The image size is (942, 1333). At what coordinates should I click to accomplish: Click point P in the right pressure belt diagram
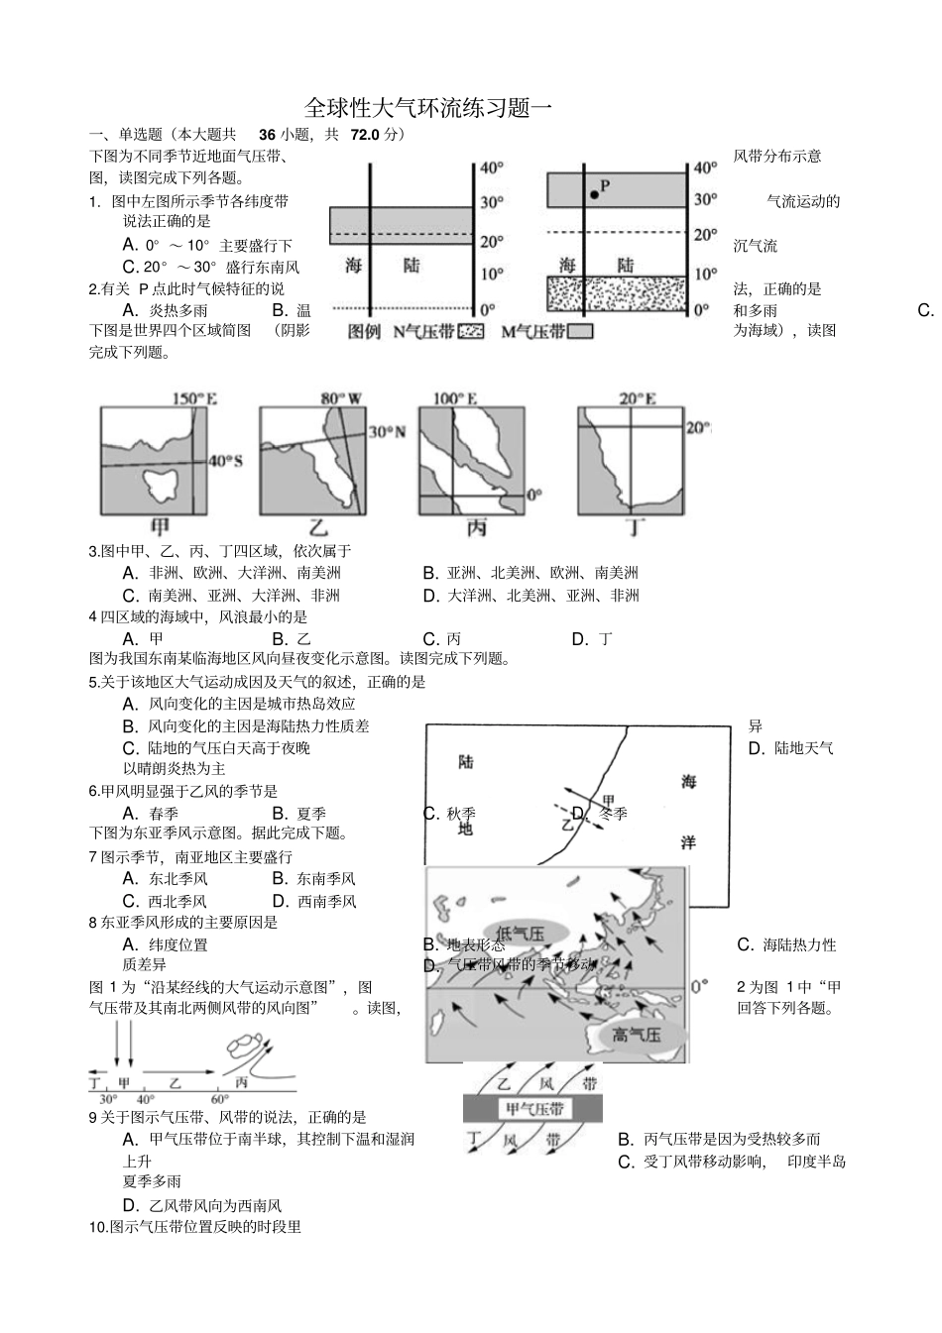[594, 194]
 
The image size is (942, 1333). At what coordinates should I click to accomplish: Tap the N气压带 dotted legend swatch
[470, 332]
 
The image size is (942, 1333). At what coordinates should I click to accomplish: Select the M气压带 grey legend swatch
[581, 332]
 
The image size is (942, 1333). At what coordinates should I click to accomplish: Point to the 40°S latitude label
[225, 461]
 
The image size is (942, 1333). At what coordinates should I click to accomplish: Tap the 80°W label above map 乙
[341, 398]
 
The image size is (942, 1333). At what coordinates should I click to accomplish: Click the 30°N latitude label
[387, 432]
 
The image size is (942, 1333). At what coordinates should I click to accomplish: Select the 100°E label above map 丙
[455, 398]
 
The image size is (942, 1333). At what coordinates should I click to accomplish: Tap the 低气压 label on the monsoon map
[521, 933]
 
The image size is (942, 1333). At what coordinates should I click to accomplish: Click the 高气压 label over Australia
[635, 1036]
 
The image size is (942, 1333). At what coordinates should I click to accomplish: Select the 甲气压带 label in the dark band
[533, 1109]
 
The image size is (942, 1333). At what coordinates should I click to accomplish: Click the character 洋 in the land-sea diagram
[687, 842]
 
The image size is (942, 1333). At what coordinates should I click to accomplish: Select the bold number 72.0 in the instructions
[366, 135]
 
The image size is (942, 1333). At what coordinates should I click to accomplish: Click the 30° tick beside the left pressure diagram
[492, 202]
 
